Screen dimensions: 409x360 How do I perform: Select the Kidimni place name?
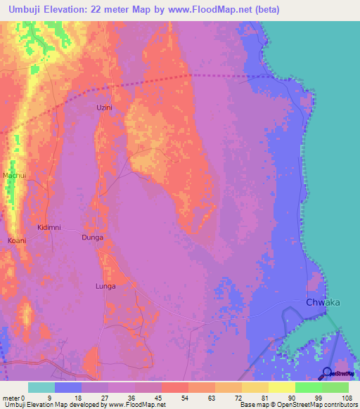pos(49,228)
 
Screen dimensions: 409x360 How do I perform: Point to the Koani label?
pos(17,240)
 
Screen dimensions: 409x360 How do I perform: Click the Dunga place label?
pos(93,238)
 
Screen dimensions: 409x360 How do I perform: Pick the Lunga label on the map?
pos(105,286)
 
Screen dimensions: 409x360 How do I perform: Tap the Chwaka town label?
pos(323,303)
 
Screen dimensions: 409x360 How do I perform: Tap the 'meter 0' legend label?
pos(13,397)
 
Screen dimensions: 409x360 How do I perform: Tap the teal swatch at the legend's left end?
pos(41,387)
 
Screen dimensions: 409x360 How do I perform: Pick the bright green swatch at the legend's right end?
pos(335,387)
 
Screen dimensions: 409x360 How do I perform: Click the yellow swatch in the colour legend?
pos(282,387)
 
